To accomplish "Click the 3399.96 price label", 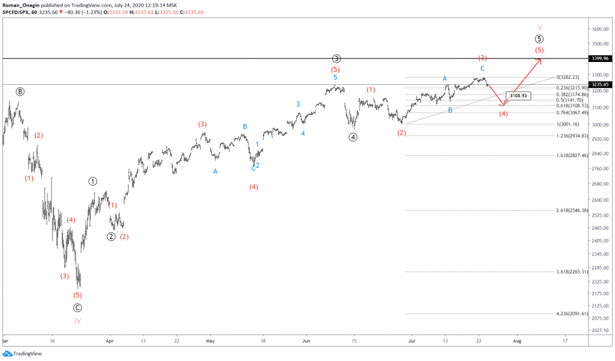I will tap(601, 58).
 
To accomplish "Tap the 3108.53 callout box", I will tap(518, 96).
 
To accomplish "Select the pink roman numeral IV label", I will tap(77, 321).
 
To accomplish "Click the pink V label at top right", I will tap(539, 28).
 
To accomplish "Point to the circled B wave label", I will tap(20, 91).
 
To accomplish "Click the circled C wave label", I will tap(77, 307).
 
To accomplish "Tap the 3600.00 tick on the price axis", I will tap(601, 29).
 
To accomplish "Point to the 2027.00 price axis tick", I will tap(601, 330).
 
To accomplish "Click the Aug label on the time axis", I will tap(517, 340).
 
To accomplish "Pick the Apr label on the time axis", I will tap(109, 340).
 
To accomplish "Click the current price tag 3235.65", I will tap(601, 85).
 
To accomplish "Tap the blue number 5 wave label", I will tap(335, 78).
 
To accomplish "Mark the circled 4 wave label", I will tap(353, 137).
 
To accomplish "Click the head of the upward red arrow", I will tap(541, 59).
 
